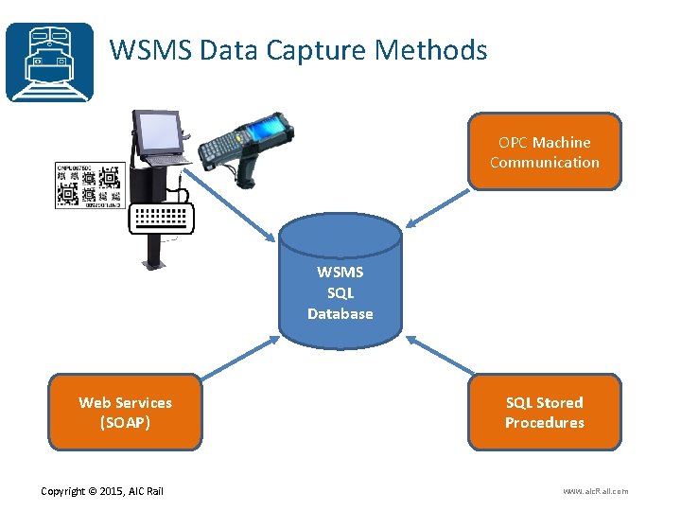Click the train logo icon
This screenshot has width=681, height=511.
pos(49,62)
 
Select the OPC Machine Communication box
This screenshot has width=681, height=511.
pos(544,152)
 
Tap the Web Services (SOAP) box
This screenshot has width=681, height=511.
pos(125,413)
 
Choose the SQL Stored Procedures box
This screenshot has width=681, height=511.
pos(544,413)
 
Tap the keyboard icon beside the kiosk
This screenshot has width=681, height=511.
pos(164,217)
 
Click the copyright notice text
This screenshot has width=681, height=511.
pos(102,490)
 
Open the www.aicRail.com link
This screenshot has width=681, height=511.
pos(595,490)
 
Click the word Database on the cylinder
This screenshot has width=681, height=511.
pos(340,313)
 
